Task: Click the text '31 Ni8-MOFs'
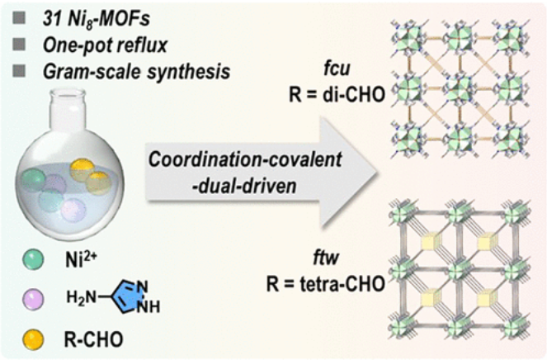tap(83, 14)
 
